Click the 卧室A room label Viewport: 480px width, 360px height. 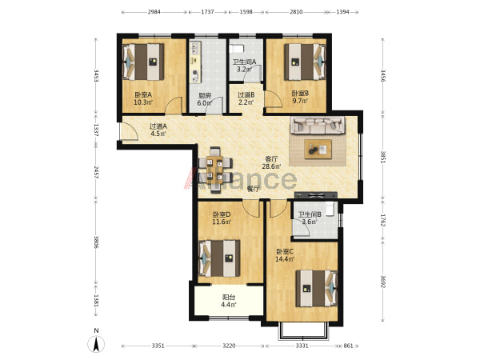pos(143,94)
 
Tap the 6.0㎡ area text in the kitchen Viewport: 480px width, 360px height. pos(204,103)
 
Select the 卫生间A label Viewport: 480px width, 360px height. pos(244,62)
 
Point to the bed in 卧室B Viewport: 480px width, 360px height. pos(305,62)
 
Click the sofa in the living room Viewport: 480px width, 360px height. pos(318,125)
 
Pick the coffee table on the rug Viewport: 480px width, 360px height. pos(318,149)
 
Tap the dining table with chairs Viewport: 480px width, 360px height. pos(215,170)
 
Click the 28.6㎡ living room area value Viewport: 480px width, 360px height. pos(271,166)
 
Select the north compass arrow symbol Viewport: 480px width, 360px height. pos(96,343)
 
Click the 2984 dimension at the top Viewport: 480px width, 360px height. pos(154,12)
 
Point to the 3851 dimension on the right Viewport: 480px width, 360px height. pos(382,157)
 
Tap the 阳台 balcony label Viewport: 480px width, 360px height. pos(229,297)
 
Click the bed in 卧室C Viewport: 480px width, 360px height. pos(317,288)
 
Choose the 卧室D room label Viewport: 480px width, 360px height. pos(222,214)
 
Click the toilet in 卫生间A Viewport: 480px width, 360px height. pos(236,49)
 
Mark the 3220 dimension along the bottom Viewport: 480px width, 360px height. pos(229,346)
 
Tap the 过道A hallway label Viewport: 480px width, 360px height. pos(158,126)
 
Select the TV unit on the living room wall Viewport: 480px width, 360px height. pos(316,195)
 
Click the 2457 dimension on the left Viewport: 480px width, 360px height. pos(96,173)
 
